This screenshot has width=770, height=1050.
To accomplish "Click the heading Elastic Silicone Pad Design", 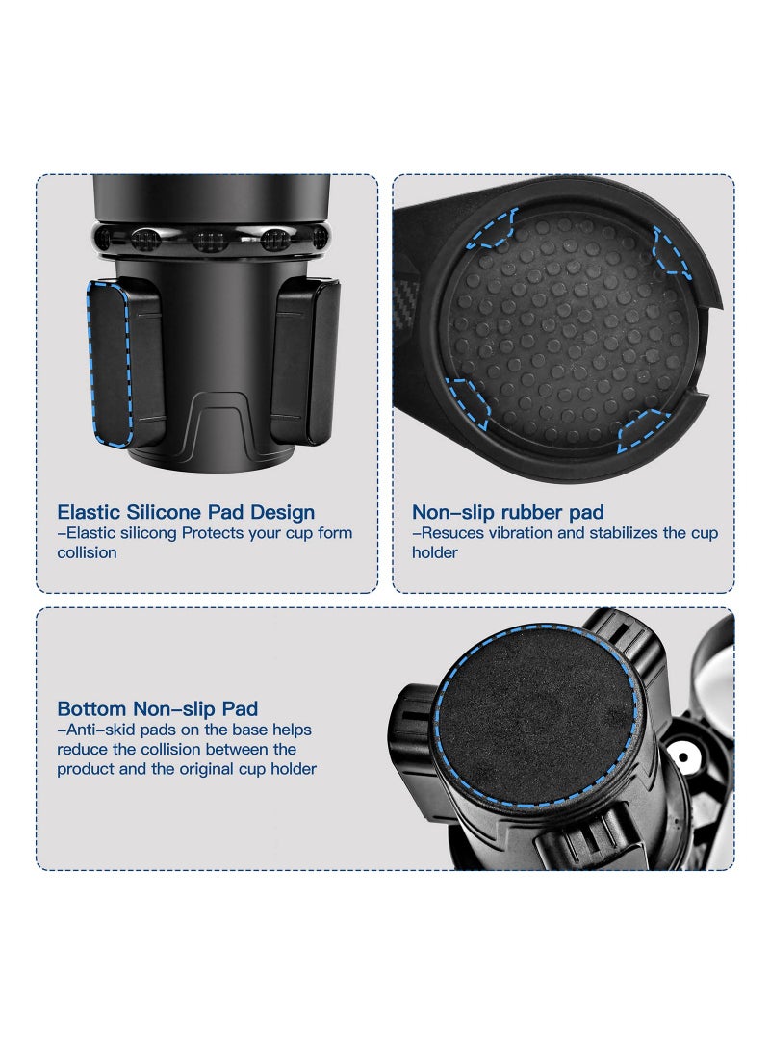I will (186, 512).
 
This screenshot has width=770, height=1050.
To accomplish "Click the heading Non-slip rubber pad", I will (507, 512).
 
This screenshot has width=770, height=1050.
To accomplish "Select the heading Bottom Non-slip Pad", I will (157, 709).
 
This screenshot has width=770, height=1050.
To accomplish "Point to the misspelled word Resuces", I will (450, 533).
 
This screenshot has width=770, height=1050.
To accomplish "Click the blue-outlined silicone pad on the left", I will (109, 363).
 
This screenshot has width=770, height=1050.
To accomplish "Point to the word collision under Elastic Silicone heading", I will (87, 552).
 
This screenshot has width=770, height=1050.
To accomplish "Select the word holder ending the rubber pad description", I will (435, 552).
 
